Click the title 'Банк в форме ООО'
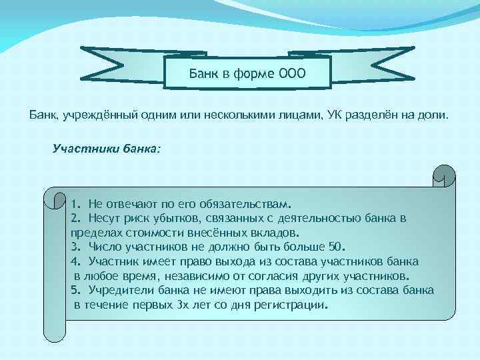click(247, 73)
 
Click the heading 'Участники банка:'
click(106, 147)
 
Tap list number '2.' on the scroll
click(75, 218)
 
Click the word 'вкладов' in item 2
click(277, 233)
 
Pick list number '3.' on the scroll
click(75, 247)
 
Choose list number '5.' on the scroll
click(75, 291)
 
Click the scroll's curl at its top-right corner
click(443, 175)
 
